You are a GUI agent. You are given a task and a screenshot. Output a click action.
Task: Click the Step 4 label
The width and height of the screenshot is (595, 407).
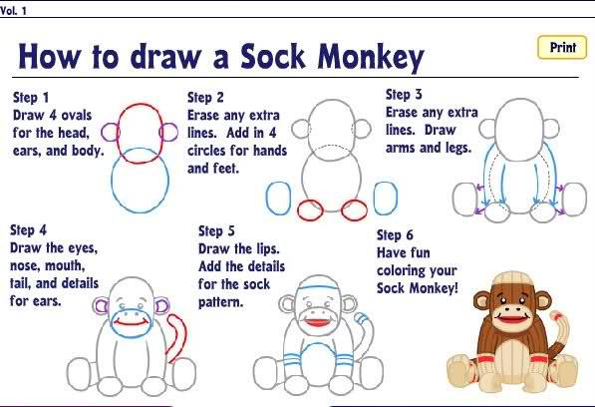point(30,229)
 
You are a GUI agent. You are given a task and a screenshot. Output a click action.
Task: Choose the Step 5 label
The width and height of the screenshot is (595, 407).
point(218,231)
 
